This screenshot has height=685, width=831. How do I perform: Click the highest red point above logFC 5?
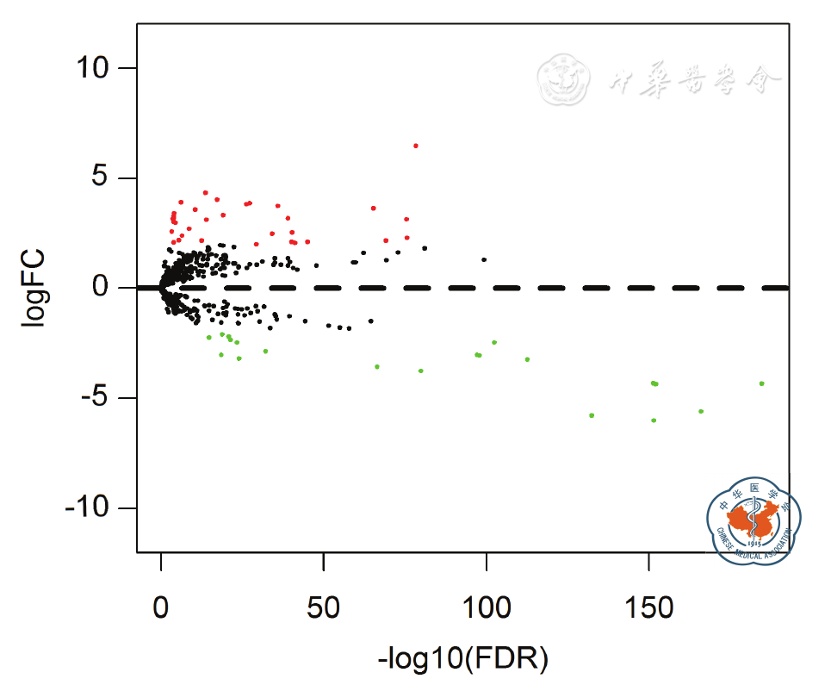[x=415, y=146]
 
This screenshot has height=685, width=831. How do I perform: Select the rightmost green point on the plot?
[x=761, y=383]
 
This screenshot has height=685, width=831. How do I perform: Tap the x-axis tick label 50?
[x=323, y=608]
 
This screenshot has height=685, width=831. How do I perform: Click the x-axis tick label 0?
[x=161, y=608]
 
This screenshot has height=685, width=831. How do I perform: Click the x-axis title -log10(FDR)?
[x=462, y=660]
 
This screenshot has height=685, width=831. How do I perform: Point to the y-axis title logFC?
[x=36, y=289]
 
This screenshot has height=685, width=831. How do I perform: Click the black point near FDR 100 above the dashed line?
[x=484, y=259]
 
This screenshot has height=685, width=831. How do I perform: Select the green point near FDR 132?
[x=592, y=415]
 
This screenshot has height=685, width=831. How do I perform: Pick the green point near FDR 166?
[x=701, y=411]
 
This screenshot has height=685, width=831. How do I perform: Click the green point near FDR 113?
[x=527, y=359]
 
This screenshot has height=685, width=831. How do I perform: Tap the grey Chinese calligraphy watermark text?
[x=694, y=81]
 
